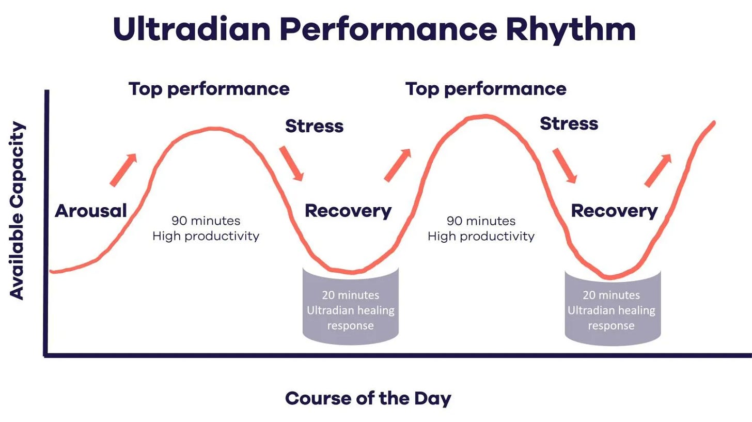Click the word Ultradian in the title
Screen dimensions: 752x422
[192, 29]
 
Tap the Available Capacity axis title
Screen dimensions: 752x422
[17, 211]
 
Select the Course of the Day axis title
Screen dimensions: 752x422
[368, 399]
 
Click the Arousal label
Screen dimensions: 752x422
[91, 211]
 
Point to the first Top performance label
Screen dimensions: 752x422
[209, 89]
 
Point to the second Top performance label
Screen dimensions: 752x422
[486, 89]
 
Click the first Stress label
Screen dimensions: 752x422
[314, 126]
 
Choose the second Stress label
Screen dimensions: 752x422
[569, 123]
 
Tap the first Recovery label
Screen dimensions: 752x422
[348, 211]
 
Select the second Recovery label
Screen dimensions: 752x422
[615, 211]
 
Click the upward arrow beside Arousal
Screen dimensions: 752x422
[123, 170]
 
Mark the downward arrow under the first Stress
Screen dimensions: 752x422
[291, 164]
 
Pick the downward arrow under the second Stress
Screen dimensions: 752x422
[565, 166]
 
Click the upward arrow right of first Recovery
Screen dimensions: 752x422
[398, 165]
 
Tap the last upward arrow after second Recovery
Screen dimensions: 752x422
[658, 170]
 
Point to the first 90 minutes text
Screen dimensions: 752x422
[206, 221]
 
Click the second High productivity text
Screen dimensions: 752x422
[481, 237]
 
